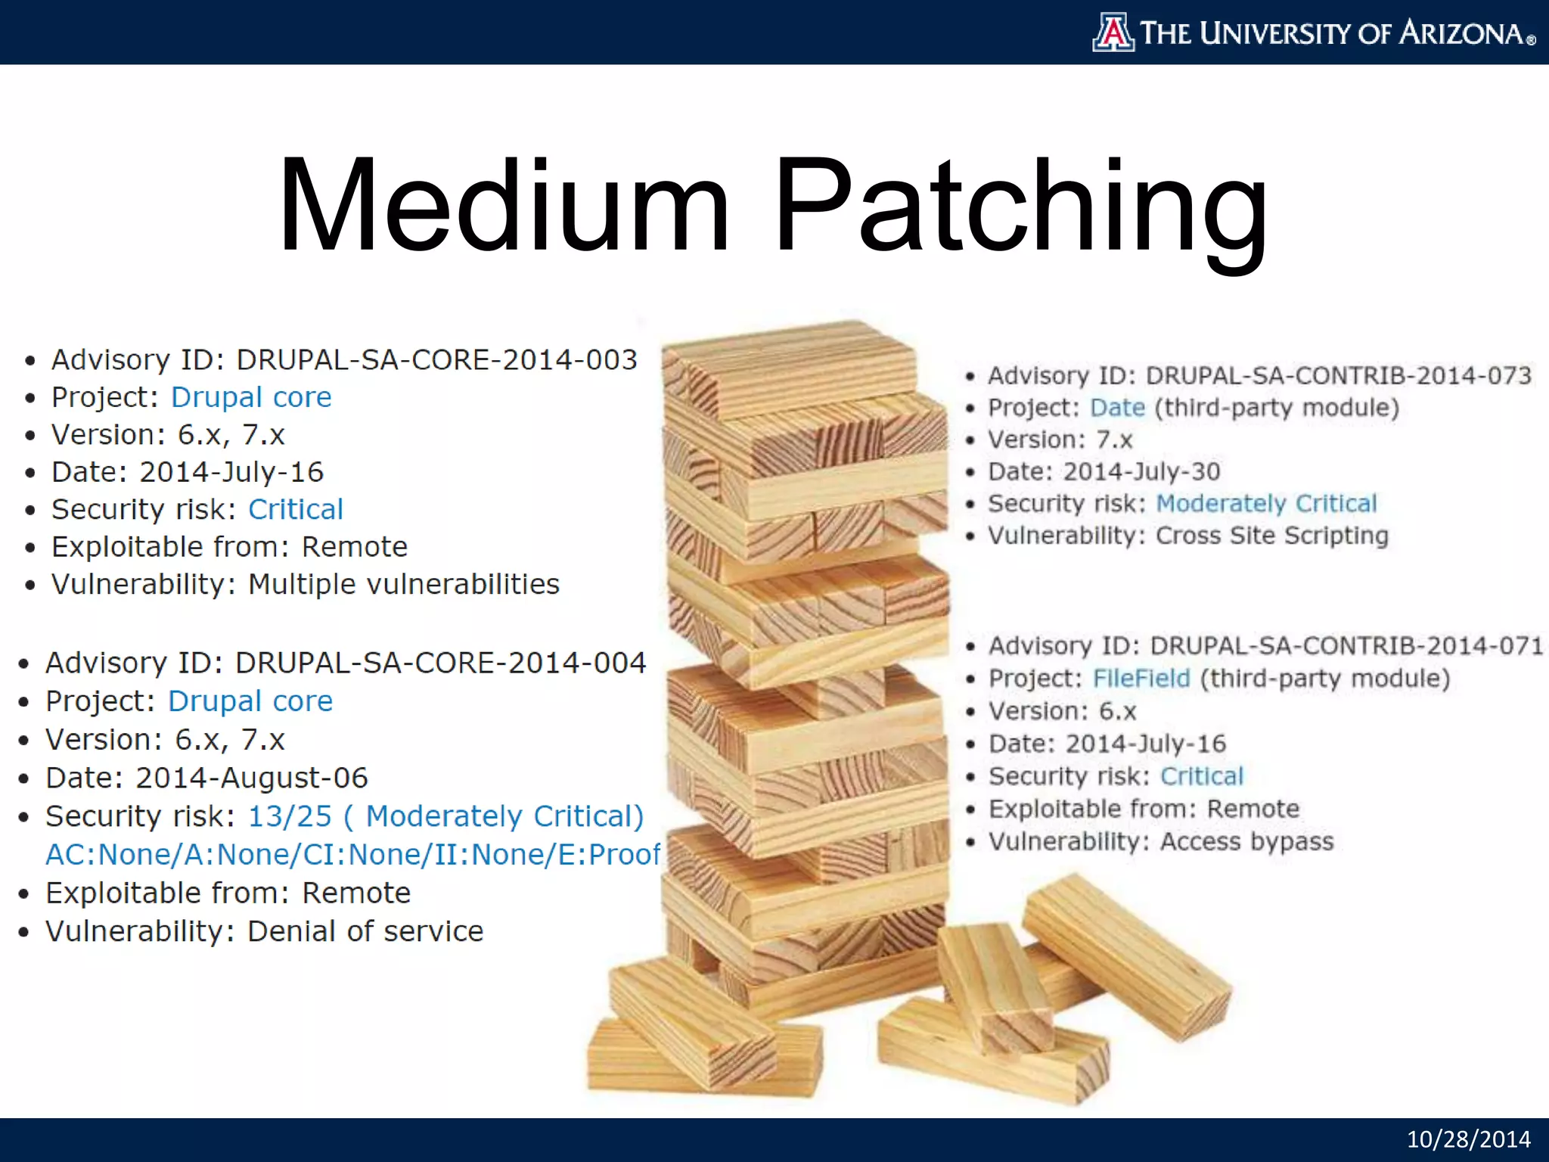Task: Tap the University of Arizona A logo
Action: (x=1113, y=33)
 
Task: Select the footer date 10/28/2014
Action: (x=1468, y=1139)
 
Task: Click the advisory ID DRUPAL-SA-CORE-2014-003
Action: (x=436, y=360)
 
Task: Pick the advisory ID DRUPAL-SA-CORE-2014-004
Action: (x=440, y=663)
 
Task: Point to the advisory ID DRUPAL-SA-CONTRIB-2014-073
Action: (x=1338, y=375)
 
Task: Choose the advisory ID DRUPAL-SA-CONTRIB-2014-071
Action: (x=1346, y=645)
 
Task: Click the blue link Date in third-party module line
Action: (x=1117, y=408)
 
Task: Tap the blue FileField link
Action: (x=1141, y=678)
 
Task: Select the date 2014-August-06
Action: (x=251, y=778)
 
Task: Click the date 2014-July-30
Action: (x=1141, y=471)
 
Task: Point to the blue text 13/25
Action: (x=290, y=816)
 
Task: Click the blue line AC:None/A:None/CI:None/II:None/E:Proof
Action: (x=352, y=854)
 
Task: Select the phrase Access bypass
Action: (x=1246, y=841)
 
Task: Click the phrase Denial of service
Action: (x=365, y=931)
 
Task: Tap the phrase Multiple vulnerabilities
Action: (x=404, y=584)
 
